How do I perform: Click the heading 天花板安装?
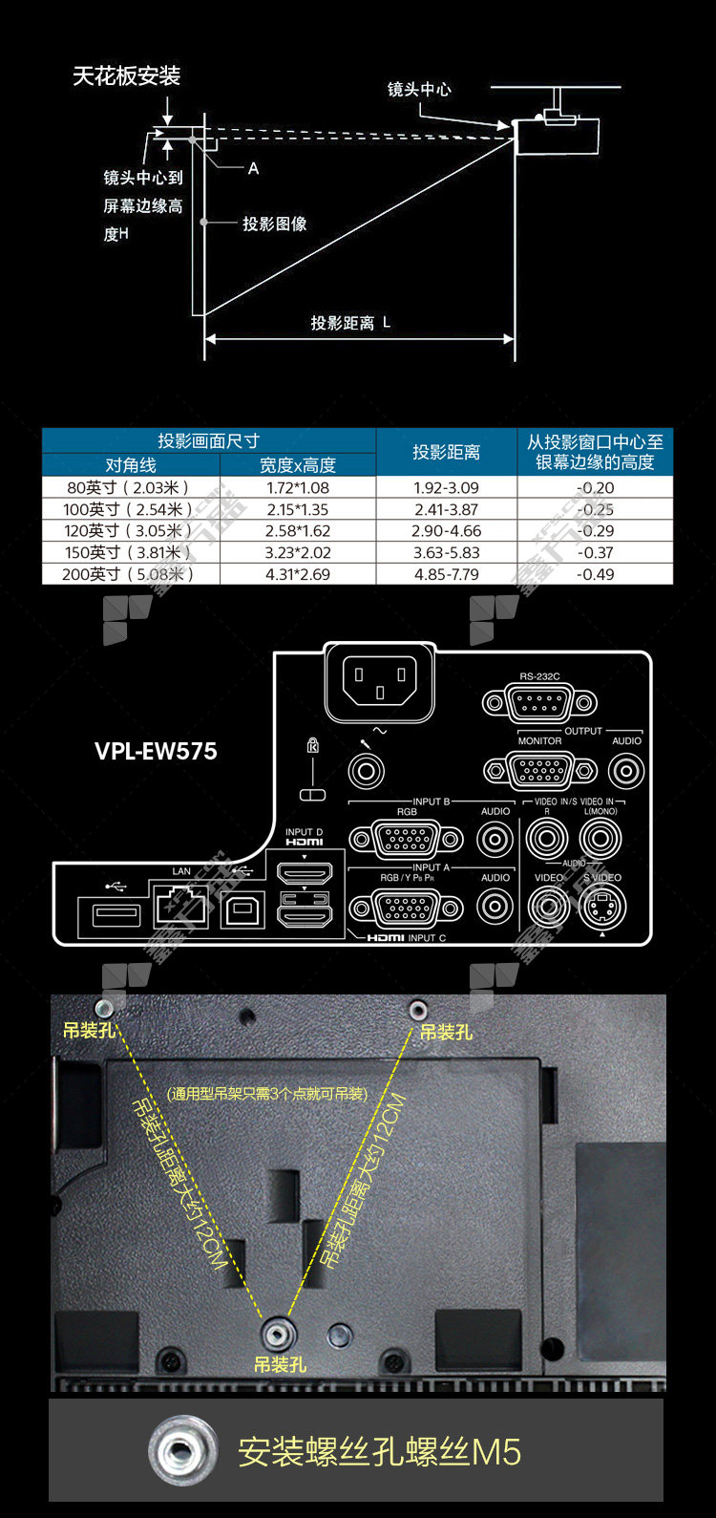tap(126, 76)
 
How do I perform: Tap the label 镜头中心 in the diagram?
tap(419, 90)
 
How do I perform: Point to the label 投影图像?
tap(274, 224)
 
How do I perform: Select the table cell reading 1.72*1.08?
tap(297, 488)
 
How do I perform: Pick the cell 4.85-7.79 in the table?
tap(446, 575)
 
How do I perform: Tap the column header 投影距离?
tap(446, 452)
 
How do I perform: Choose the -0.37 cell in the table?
tap(595, 553)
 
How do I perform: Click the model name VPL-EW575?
tap(156, 751)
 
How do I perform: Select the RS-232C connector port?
tap(539, 704)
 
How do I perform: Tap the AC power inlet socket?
tap(379, 684)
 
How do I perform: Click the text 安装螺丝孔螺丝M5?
tap(379, 1452)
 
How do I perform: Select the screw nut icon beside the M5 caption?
tap(180, 1452)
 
